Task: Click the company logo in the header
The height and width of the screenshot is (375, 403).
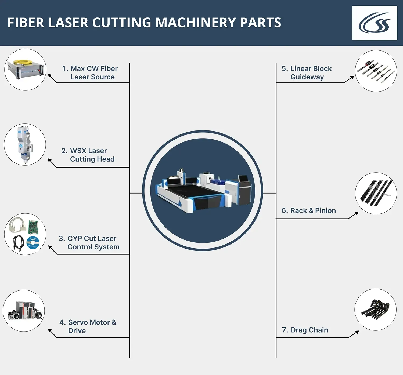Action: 375,23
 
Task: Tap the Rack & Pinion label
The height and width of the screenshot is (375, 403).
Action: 309,211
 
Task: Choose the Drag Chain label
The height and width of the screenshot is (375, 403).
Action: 305,330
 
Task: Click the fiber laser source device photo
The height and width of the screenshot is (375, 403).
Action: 26,69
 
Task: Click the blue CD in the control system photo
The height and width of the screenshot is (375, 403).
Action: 33,242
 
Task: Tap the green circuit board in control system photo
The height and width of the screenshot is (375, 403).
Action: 33,227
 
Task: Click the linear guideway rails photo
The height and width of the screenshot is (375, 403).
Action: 376,71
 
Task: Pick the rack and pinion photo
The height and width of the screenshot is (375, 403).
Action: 376,193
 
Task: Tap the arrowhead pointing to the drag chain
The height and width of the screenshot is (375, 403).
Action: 357,332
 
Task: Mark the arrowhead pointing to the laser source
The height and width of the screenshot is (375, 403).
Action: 50,76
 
